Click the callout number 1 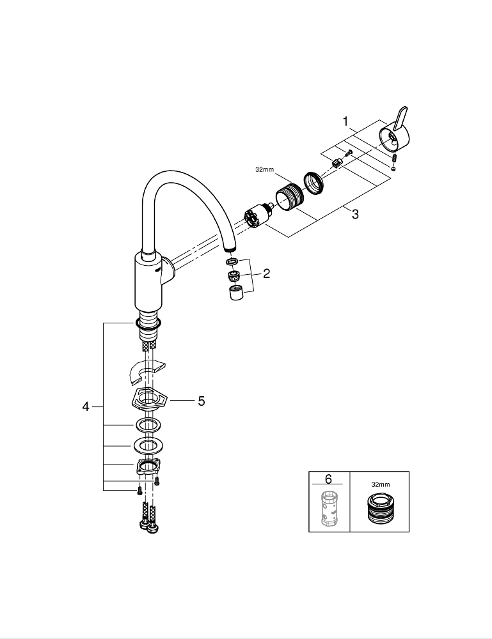click(x=345, y=121)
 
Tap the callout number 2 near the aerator click(x=266, y=273)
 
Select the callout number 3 click(x=354, y=215)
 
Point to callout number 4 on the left click(x=86, y=406)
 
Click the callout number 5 click(x=201, y=401)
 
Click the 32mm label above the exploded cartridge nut click(x=264, y=171)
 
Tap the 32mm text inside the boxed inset click(x=380, y=485)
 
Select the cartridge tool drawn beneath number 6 click(x=329, y=511)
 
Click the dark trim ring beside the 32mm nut click(x=314, y=181)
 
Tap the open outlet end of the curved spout click(x=230, y=249)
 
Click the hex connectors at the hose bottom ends click(x=148, y=526)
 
